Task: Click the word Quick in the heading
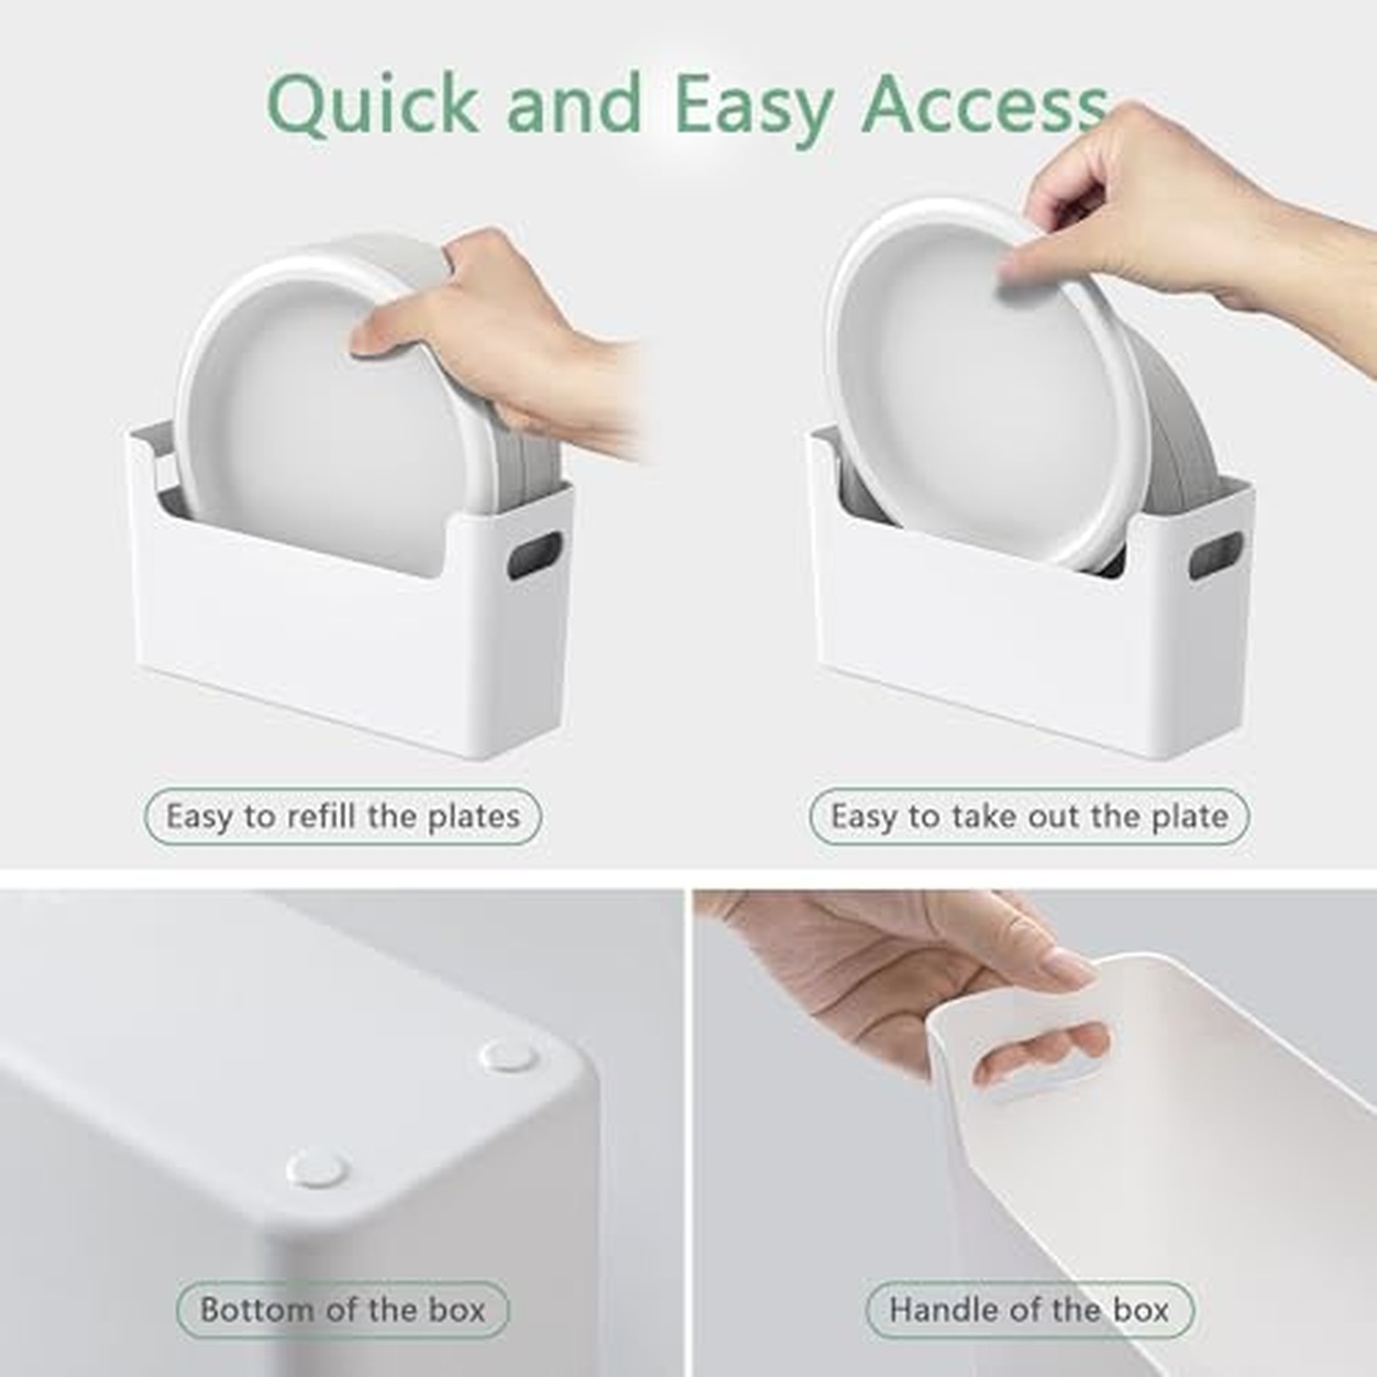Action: [373, 105]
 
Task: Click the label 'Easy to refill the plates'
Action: [342, 816]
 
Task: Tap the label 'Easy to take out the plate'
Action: [1029, 816]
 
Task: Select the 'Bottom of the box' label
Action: [342, 1309]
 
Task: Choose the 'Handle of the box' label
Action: [1029, 1309]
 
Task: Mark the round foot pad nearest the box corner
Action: [509, 1058]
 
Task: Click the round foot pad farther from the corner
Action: [317, 1168]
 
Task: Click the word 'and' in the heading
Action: [575, 105]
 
